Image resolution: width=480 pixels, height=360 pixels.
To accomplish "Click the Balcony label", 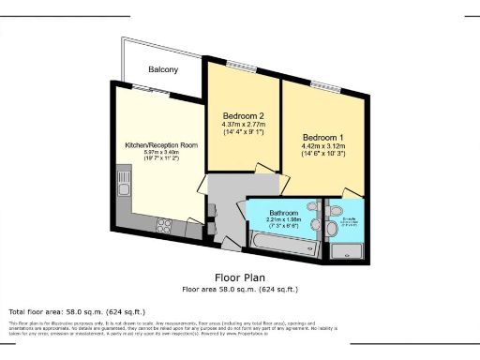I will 164,69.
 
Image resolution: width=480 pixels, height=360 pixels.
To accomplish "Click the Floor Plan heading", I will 241,277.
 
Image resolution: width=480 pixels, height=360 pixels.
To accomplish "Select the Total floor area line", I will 62,310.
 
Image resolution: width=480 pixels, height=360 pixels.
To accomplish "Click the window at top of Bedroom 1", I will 327,86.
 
